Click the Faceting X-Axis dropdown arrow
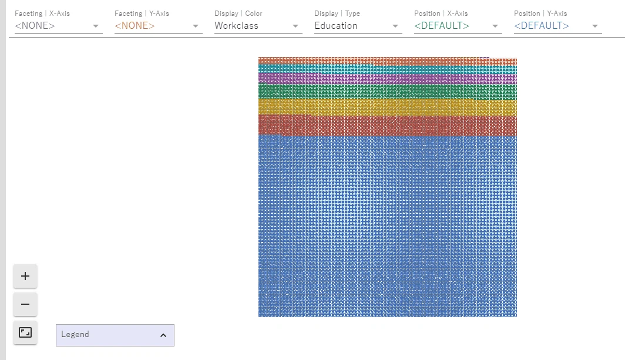96,26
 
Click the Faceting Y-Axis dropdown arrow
196,26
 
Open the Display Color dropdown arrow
295,26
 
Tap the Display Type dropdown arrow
395,26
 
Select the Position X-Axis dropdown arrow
495,26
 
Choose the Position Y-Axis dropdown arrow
595,26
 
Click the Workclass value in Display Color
236,26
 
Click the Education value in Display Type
336,26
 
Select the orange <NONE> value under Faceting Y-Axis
135,26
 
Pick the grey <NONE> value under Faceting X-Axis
35,26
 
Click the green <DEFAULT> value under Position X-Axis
442,26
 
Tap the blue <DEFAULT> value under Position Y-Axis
542,26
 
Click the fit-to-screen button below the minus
25,332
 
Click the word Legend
75,335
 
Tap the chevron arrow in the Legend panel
163,335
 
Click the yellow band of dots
388,107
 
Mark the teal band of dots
388,69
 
